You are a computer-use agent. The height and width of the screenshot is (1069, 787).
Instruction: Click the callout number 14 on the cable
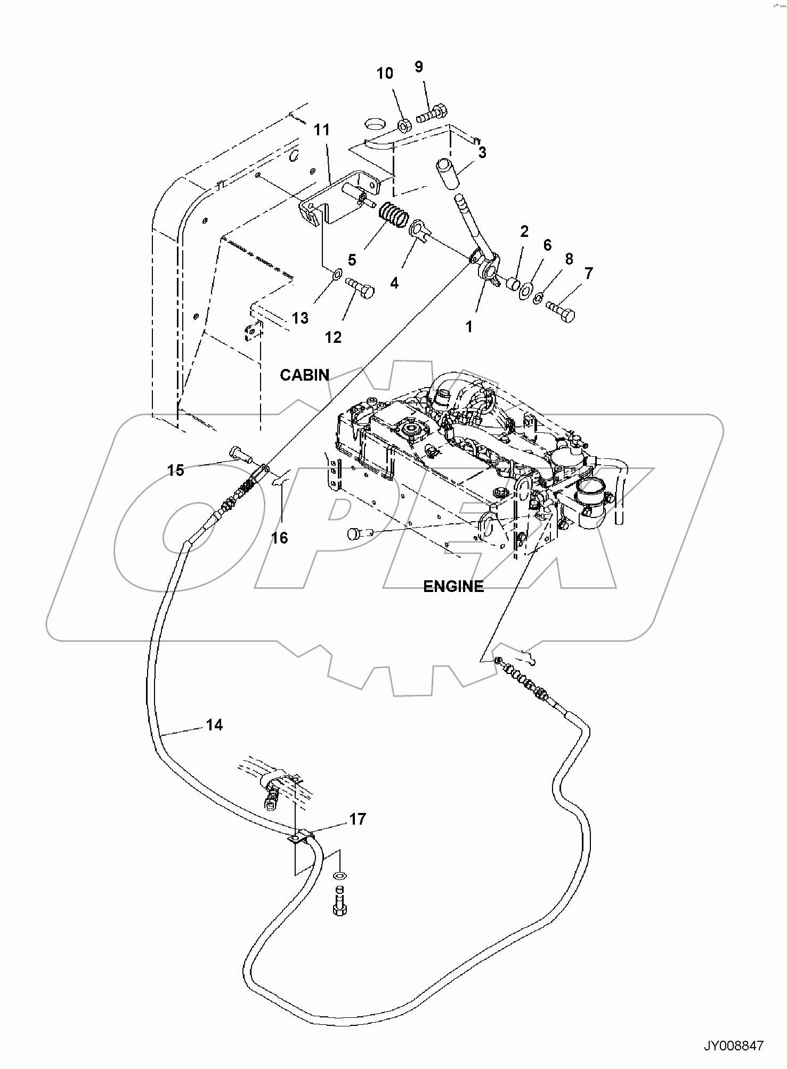tap(214, 725)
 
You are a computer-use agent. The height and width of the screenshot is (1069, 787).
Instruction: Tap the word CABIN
tap(305, 375)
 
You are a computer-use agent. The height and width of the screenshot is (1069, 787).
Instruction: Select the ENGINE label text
tap(453, 587)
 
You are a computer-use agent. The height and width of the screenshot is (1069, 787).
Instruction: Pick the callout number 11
tap(321, 130)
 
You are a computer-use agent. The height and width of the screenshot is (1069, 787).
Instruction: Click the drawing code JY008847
tap(734, 1046)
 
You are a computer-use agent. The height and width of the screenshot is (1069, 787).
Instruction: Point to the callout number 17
tap(358, 819)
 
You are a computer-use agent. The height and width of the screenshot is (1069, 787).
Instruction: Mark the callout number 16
tap(279, 538)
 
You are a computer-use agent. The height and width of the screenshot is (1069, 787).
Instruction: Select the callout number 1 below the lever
tap(469, 326)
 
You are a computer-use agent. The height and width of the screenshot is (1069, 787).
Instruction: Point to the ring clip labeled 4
tap(419, 231)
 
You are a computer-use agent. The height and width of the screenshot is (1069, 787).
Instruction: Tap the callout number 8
tap(569, 259)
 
